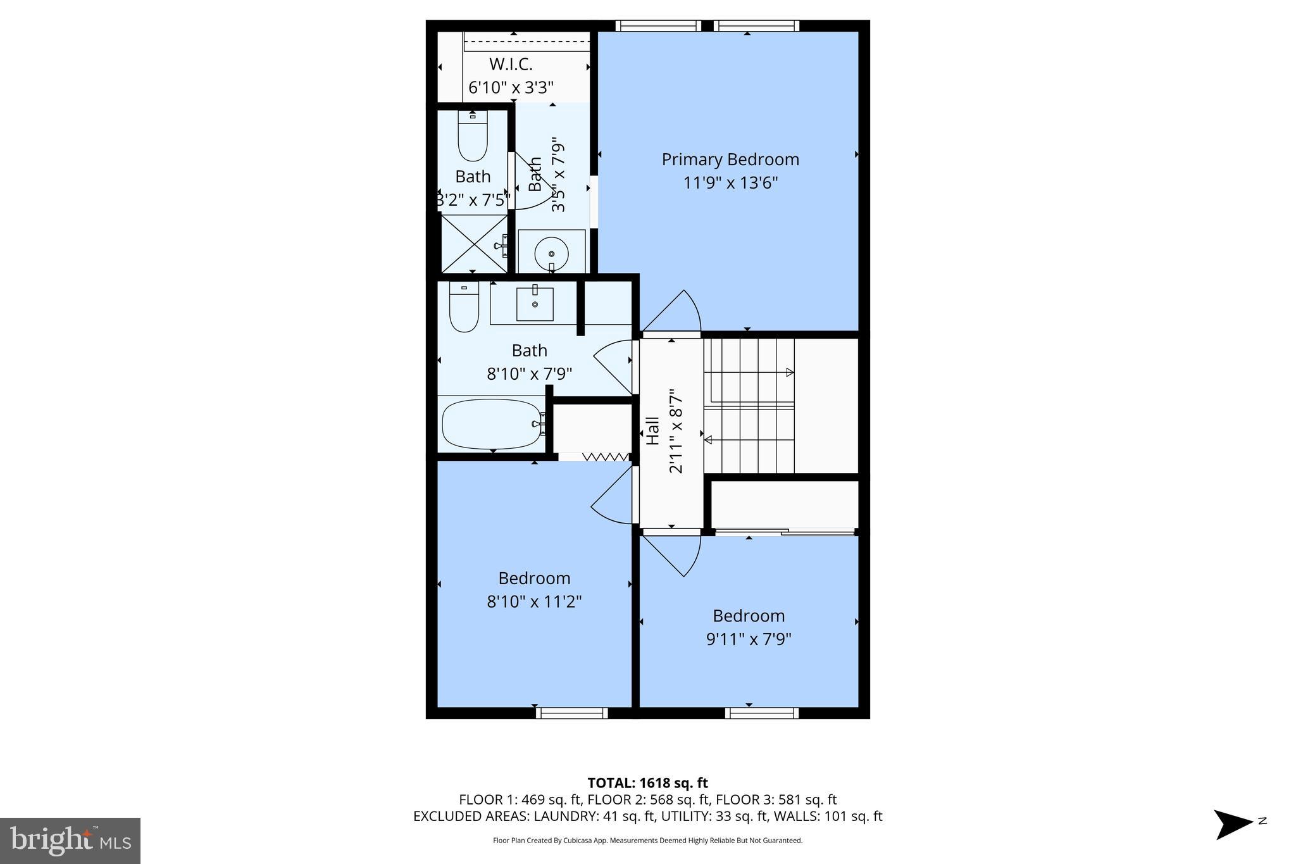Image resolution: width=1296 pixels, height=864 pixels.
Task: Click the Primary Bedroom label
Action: (x=730, y=160)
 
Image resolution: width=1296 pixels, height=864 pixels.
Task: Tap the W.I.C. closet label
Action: (x=511, y=65)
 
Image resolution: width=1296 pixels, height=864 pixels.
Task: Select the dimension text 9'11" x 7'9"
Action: (x=749, y=639)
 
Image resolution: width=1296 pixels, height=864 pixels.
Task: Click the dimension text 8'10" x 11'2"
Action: (x=534, y=601)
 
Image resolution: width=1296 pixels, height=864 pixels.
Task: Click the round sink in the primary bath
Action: (x=551, y=254)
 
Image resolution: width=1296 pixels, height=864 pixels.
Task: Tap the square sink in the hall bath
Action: (x=535, y=304)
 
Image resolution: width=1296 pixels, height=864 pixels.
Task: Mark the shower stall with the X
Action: (x=473, y=244)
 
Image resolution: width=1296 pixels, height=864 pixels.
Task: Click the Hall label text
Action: (x=652, y=430)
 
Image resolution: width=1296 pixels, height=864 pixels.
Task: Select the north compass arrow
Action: (x=1233, y=825)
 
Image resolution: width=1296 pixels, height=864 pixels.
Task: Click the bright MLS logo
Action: (x=70, y=841)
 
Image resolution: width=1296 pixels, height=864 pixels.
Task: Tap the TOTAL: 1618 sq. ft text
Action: (x=647, y=783)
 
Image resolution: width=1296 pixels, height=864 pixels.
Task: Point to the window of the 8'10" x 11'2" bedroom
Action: (x=571, y=713)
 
